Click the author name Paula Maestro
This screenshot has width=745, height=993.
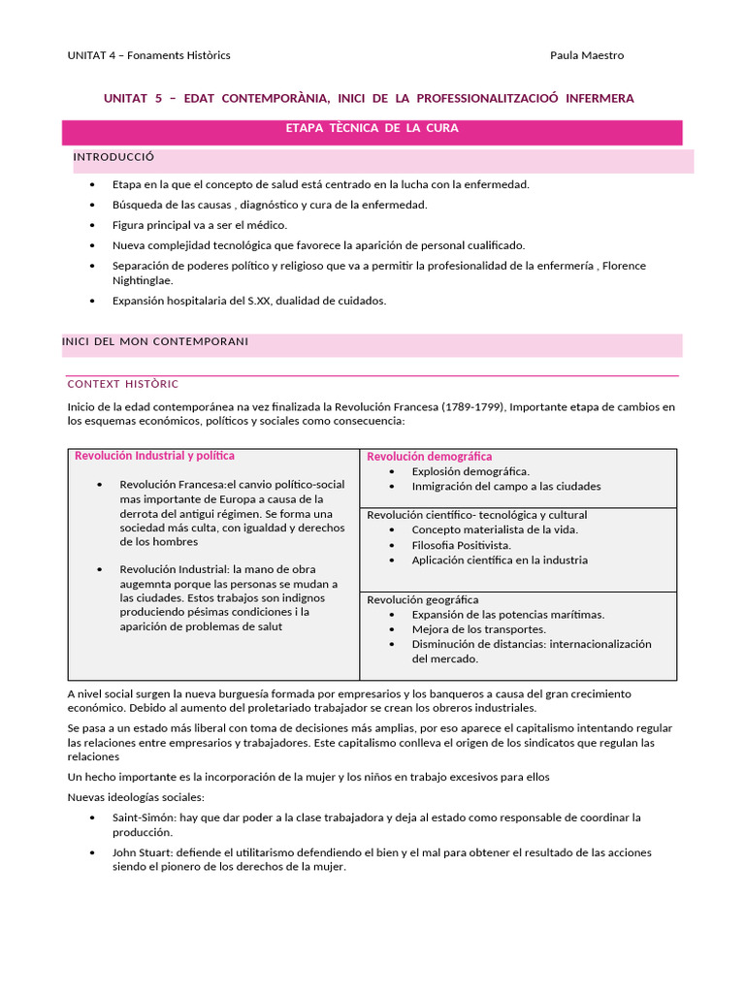587,55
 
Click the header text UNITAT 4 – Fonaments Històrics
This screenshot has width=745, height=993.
148,55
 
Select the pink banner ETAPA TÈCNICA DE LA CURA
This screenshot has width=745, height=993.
372,128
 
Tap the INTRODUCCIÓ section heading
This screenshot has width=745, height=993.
113,157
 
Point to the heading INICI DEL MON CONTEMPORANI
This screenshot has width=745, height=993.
155,341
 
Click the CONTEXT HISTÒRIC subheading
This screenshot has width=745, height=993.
122,384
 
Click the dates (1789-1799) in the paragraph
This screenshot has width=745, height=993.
472,406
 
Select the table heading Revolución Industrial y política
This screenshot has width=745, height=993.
154,456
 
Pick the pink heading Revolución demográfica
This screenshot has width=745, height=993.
429,457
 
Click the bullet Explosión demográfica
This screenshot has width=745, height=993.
470,471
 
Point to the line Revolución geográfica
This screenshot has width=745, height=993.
422,600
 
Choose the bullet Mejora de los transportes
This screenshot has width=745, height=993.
478,629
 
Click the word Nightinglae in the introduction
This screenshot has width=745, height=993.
143,279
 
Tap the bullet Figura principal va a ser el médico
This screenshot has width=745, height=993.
200,225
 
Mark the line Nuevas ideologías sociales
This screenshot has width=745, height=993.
136,796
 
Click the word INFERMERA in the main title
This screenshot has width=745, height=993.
599,99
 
